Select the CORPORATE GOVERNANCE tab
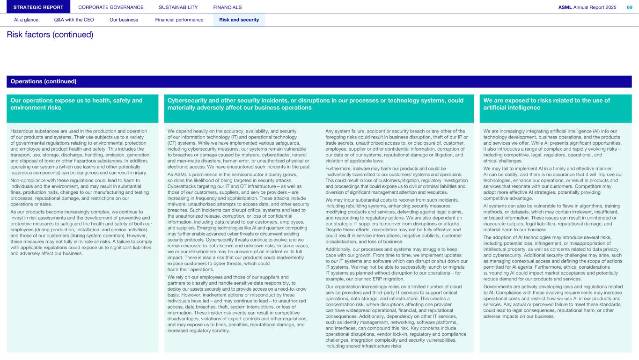click(111, 7)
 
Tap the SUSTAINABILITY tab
click(178, 7)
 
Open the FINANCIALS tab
click(228, 7)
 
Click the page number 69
click(629, 7)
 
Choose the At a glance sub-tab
click(26, 20)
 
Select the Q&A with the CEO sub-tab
click(74, 20)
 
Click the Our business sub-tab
click(124, 20)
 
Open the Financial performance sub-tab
click(179, 20)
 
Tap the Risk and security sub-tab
click(239, 20)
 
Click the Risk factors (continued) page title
click(50, 35)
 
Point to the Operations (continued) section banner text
click(44, 81)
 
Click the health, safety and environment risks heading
click(76, 104)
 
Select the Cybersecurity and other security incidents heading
click(316, 104)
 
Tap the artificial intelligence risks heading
click(546, 104)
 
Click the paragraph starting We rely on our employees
click(237, 304)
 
